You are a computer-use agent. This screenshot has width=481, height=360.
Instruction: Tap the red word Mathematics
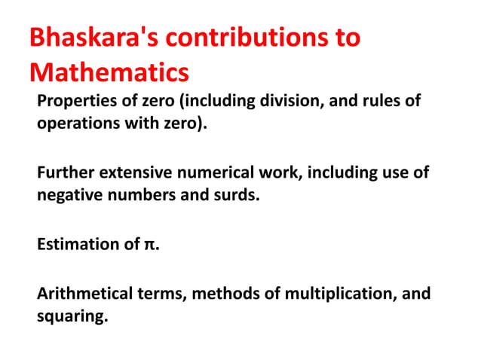[109, 73]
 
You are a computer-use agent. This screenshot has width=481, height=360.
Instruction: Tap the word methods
[223, 294]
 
